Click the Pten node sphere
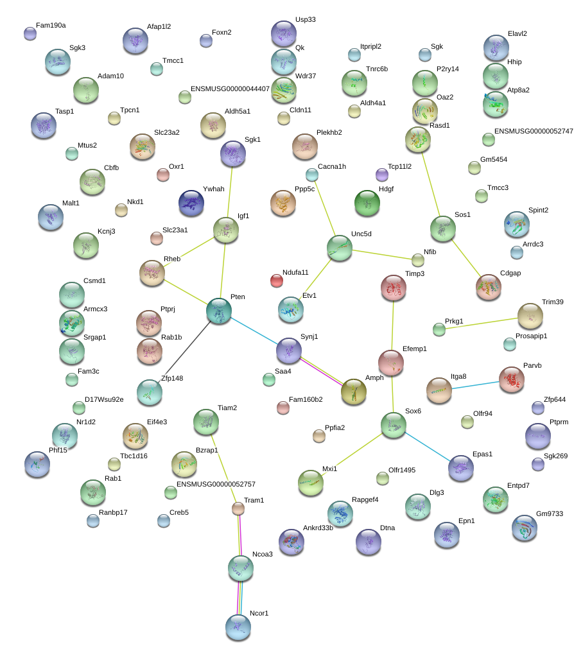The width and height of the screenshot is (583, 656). pos(219,311)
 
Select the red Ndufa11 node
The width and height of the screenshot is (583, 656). pos(277,281)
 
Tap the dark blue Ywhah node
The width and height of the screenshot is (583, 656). pos(191,203)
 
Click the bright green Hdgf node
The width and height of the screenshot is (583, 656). pos(367,203)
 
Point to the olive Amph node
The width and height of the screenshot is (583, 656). pos(354,392)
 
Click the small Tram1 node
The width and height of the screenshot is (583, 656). pos(238,508)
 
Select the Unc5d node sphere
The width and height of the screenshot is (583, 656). pos(340,248)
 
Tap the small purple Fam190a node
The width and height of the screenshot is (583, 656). pos(30,33)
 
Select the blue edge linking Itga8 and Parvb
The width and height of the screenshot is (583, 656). pos(475,385)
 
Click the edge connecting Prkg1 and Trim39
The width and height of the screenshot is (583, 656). pos(482,324)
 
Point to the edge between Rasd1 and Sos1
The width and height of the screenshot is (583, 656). pos(431,184)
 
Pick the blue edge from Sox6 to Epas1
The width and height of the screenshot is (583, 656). pos(428,446)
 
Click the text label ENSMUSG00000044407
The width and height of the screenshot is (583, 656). pos(230,89)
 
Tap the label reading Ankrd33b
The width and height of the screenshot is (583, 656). pos(318,528)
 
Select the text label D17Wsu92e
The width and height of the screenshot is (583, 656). pos(104,399)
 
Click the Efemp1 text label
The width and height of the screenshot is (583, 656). pos(414,349)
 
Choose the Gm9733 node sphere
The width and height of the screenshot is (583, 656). pos(525,528)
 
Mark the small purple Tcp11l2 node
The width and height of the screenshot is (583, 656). pos(381,175)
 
